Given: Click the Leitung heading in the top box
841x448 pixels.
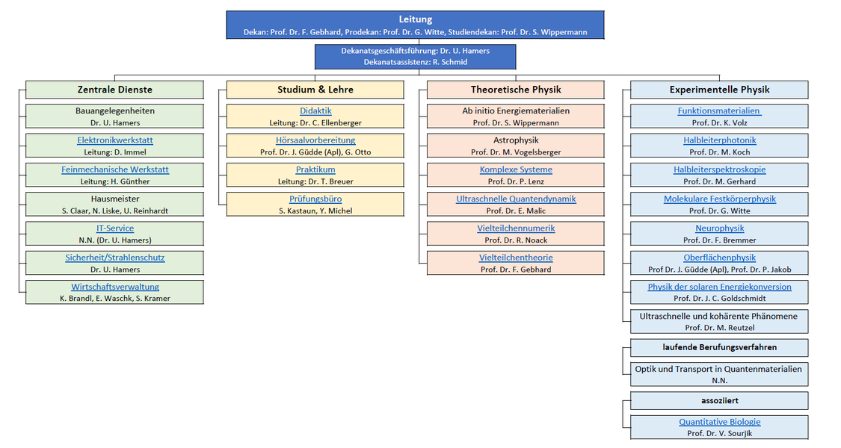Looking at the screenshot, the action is [415, 19].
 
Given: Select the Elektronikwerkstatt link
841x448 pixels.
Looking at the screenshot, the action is [115, 140].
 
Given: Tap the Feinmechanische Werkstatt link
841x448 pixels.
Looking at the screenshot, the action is [115, 170].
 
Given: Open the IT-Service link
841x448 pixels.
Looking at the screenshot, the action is [115, 228].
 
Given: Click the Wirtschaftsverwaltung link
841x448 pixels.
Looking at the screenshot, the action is [115, 287].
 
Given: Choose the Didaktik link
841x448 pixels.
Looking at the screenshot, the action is [315, 111].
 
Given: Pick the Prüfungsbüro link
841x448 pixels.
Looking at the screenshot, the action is [315, 199].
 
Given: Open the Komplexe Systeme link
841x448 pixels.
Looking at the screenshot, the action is [516, 170].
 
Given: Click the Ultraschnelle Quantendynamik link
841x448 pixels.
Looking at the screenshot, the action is [516, 199].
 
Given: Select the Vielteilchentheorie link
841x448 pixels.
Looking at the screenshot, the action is [516, 258].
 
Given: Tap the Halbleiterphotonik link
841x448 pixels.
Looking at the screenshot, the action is [720, 140].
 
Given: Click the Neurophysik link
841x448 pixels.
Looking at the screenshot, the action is [720, 228].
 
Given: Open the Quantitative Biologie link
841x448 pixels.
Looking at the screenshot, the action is [720, 423].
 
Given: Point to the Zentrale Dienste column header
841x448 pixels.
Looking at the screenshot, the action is [115, 90].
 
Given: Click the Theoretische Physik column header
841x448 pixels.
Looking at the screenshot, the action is [516, 90].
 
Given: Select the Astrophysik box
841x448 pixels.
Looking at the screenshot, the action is [516, 146].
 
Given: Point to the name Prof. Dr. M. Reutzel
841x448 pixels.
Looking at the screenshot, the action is [720, 328].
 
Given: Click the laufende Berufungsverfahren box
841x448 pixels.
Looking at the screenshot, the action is [720, 347].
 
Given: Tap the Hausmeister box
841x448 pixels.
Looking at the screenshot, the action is [115, 204].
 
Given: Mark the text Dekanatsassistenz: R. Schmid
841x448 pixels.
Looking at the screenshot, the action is [415, 62].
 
